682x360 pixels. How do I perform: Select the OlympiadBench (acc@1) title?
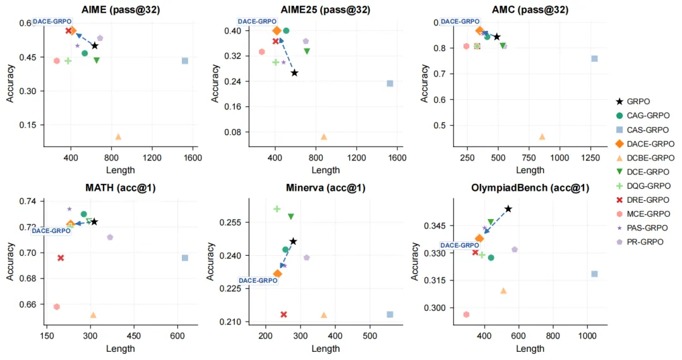(x=530, y=188)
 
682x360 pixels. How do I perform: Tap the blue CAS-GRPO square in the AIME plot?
(x=185, y=61)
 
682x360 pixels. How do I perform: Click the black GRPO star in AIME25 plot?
(x=294, y=73)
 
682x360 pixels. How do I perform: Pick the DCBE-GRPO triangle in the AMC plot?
(x=542, y=136)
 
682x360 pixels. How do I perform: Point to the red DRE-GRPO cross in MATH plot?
(x=61, y=258)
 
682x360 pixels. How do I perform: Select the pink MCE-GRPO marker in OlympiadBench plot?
(x=466, y=315)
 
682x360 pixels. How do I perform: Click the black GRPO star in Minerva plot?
(x=293, y=241)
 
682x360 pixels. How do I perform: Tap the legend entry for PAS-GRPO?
(x=643, y=227)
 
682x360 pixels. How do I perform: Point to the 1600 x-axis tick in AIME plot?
(x=192, y=158)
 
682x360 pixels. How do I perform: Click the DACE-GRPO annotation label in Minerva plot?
(x=258, y=280)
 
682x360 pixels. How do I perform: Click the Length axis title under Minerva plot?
(x=325, y=349)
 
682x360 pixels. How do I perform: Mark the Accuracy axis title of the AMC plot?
(x=424, y=82)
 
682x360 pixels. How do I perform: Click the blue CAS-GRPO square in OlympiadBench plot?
(x=594, y=274)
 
